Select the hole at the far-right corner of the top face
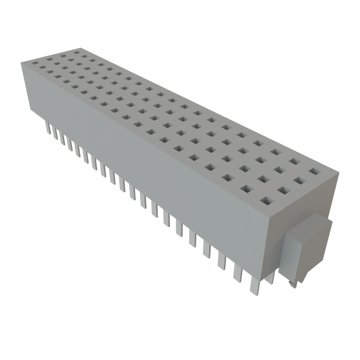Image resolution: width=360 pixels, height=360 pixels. (315, 171)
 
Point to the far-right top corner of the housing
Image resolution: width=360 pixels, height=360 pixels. (339, 172)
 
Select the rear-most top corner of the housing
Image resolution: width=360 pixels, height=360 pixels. (82, 47)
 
